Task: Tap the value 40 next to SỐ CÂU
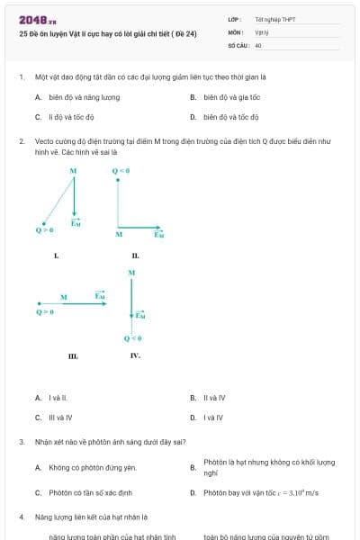coord(258,45)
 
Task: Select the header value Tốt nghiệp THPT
coord(275,19)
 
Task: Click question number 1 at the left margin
coord(21,77)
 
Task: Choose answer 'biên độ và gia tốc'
coord(232,97)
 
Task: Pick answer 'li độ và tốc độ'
coord(71,117)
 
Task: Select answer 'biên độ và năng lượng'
coord(84,97)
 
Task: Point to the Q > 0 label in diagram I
coord(44,229)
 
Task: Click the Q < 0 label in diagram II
coord(121,171)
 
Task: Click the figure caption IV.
coord(135,356)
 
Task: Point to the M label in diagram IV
coord(132,272)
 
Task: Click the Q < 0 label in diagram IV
coord(132,338)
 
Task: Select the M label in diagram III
coord(64,297)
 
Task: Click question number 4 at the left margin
coord(21,517)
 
